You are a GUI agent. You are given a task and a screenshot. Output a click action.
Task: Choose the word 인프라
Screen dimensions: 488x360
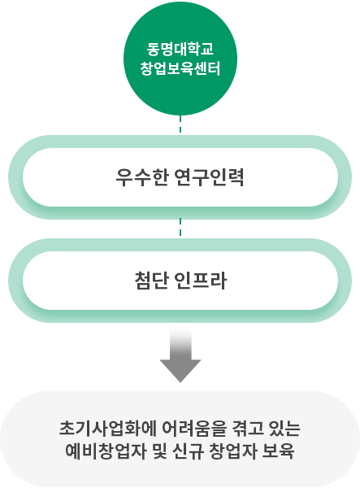202,281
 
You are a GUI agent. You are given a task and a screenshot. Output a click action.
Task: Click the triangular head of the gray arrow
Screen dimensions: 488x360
180,369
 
